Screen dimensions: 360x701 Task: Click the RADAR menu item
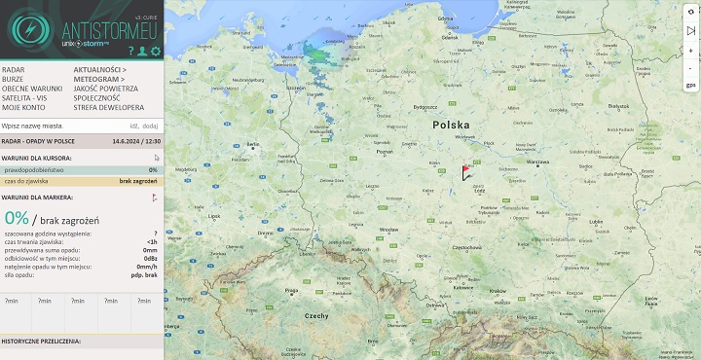click(14, 70)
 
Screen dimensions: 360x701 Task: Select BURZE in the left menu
click(14, 80)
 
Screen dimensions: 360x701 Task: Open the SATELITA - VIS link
click(24, 98)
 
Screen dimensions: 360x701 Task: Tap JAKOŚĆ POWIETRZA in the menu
click(105, 89)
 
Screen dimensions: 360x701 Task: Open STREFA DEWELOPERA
click(108, 107)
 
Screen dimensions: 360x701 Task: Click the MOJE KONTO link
click(22, 107)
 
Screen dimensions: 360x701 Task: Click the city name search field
click(58, 126)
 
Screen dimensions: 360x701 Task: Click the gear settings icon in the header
click(156, 51)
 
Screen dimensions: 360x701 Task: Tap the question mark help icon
click(130, 51)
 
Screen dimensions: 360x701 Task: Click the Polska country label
click(451, 126)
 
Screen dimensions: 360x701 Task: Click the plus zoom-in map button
click(690, 51)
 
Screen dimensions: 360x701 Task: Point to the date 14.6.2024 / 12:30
click(135, 141)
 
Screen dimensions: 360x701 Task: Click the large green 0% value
click(17, 219)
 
